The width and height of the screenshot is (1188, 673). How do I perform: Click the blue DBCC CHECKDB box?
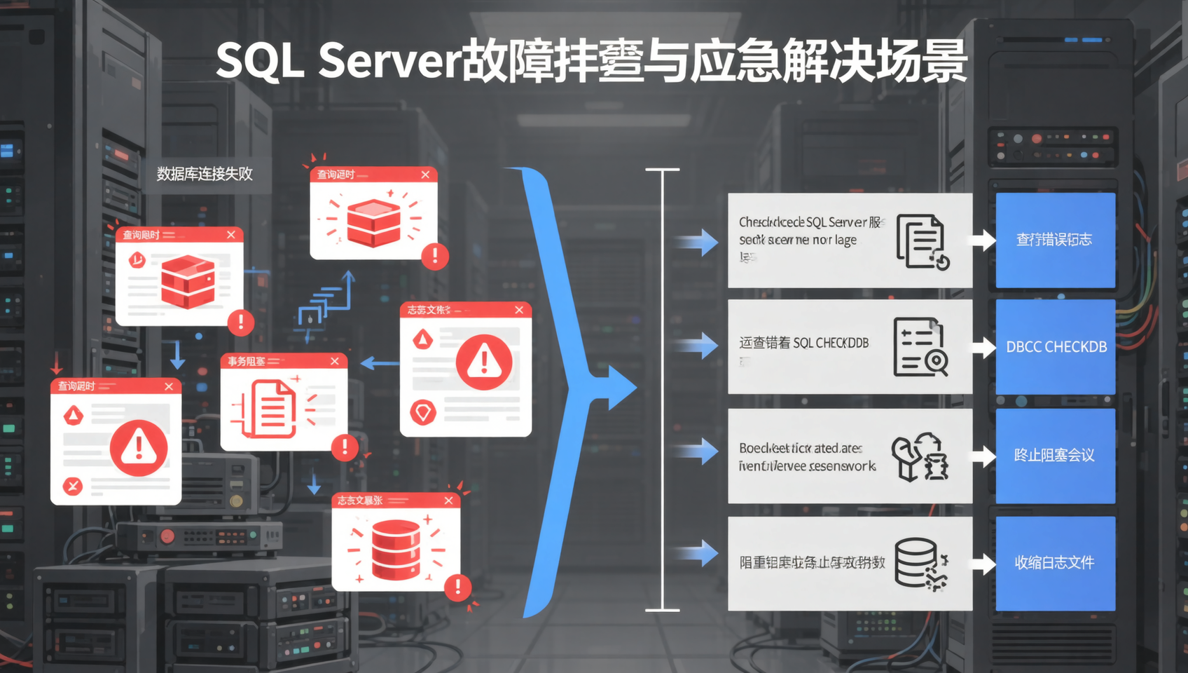point(1056,346)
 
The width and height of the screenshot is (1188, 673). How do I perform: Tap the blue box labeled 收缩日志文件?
point(1055,563)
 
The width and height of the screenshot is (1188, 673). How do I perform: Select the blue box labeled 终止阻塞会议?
point(1055,456)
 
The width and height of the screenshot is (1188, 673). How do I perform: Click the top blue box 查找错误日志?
point(1055,240)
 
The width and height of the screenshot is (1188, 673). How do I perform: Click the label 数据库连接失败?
point(205,174)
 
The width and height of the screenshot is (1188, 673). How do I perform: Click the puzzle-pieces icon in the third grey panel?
point(920,456)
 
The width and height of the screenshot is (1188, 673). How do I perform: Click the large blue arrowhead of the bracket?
point(619,387)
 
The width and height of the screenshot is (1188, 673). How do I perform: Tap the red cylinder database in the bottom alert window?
point(396,550)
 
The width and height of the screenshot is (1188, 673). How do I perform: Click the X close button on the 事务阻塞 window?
point(334,361)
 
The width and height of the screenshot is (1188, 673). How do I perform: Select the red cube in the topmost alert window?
point(373,222)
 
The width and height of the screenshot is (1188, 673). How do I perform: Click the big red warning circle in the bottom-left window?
point(139,448)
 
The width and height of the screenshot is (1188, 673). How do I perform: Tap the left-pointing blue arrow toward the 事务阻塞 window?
point(379,363)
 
